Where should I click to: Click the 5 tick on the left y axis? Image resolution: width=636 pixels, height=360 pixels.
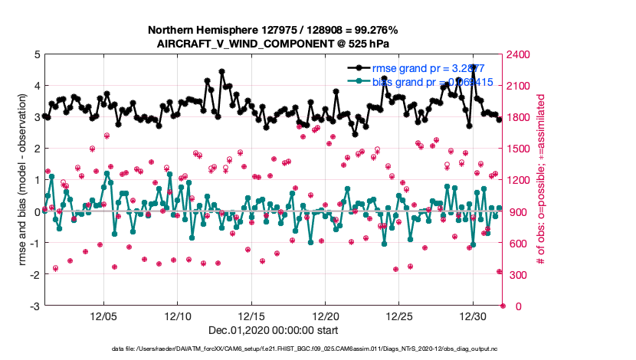pyautogui.click(x=37, y=54)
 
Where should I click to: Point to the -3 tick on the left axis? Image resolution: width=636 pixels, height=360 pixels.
pyautogui.click(x=34, y=306)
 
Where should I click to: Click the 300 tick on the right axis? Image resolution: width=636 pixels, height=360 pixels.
pyautogui.click(x=516, y=275)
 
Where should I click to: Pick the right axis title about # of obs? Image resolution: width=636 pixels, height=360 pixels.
pyautogui.click(x=541, y=180)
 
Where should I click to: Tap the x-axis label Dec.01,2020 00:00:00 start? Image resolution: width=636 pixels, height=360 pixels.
pyautogui.click(x=274, y=331)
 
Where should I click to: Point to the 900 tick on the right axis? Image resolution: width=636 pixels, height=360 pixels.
pyautogui.click(x=516, y=212)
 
